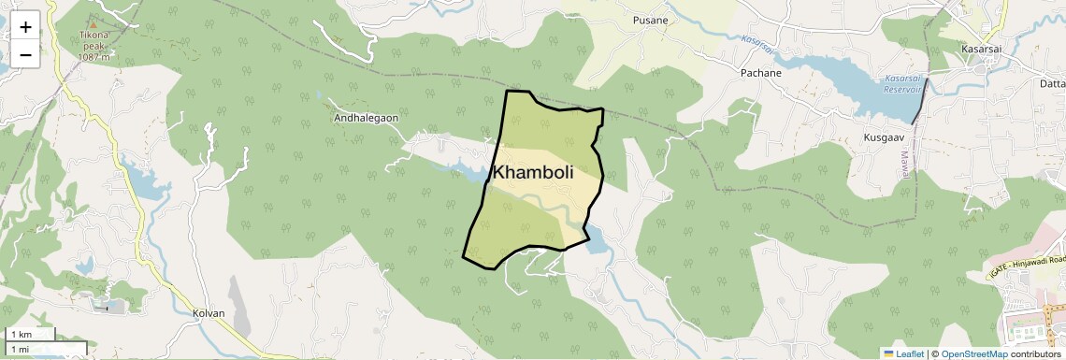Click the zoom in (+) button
[25, 26]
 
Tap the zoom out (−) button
[25, 54]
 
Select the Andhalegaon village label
[367, 119]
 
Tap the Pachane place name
[760, 72]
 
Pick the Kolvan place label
[209, 313]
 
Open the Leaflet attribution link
[902, 353]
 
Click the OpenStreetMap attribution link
[973, 353]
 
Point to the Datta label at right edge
[1052, 84]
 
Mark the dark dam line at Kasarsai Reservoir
[921, 101]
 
